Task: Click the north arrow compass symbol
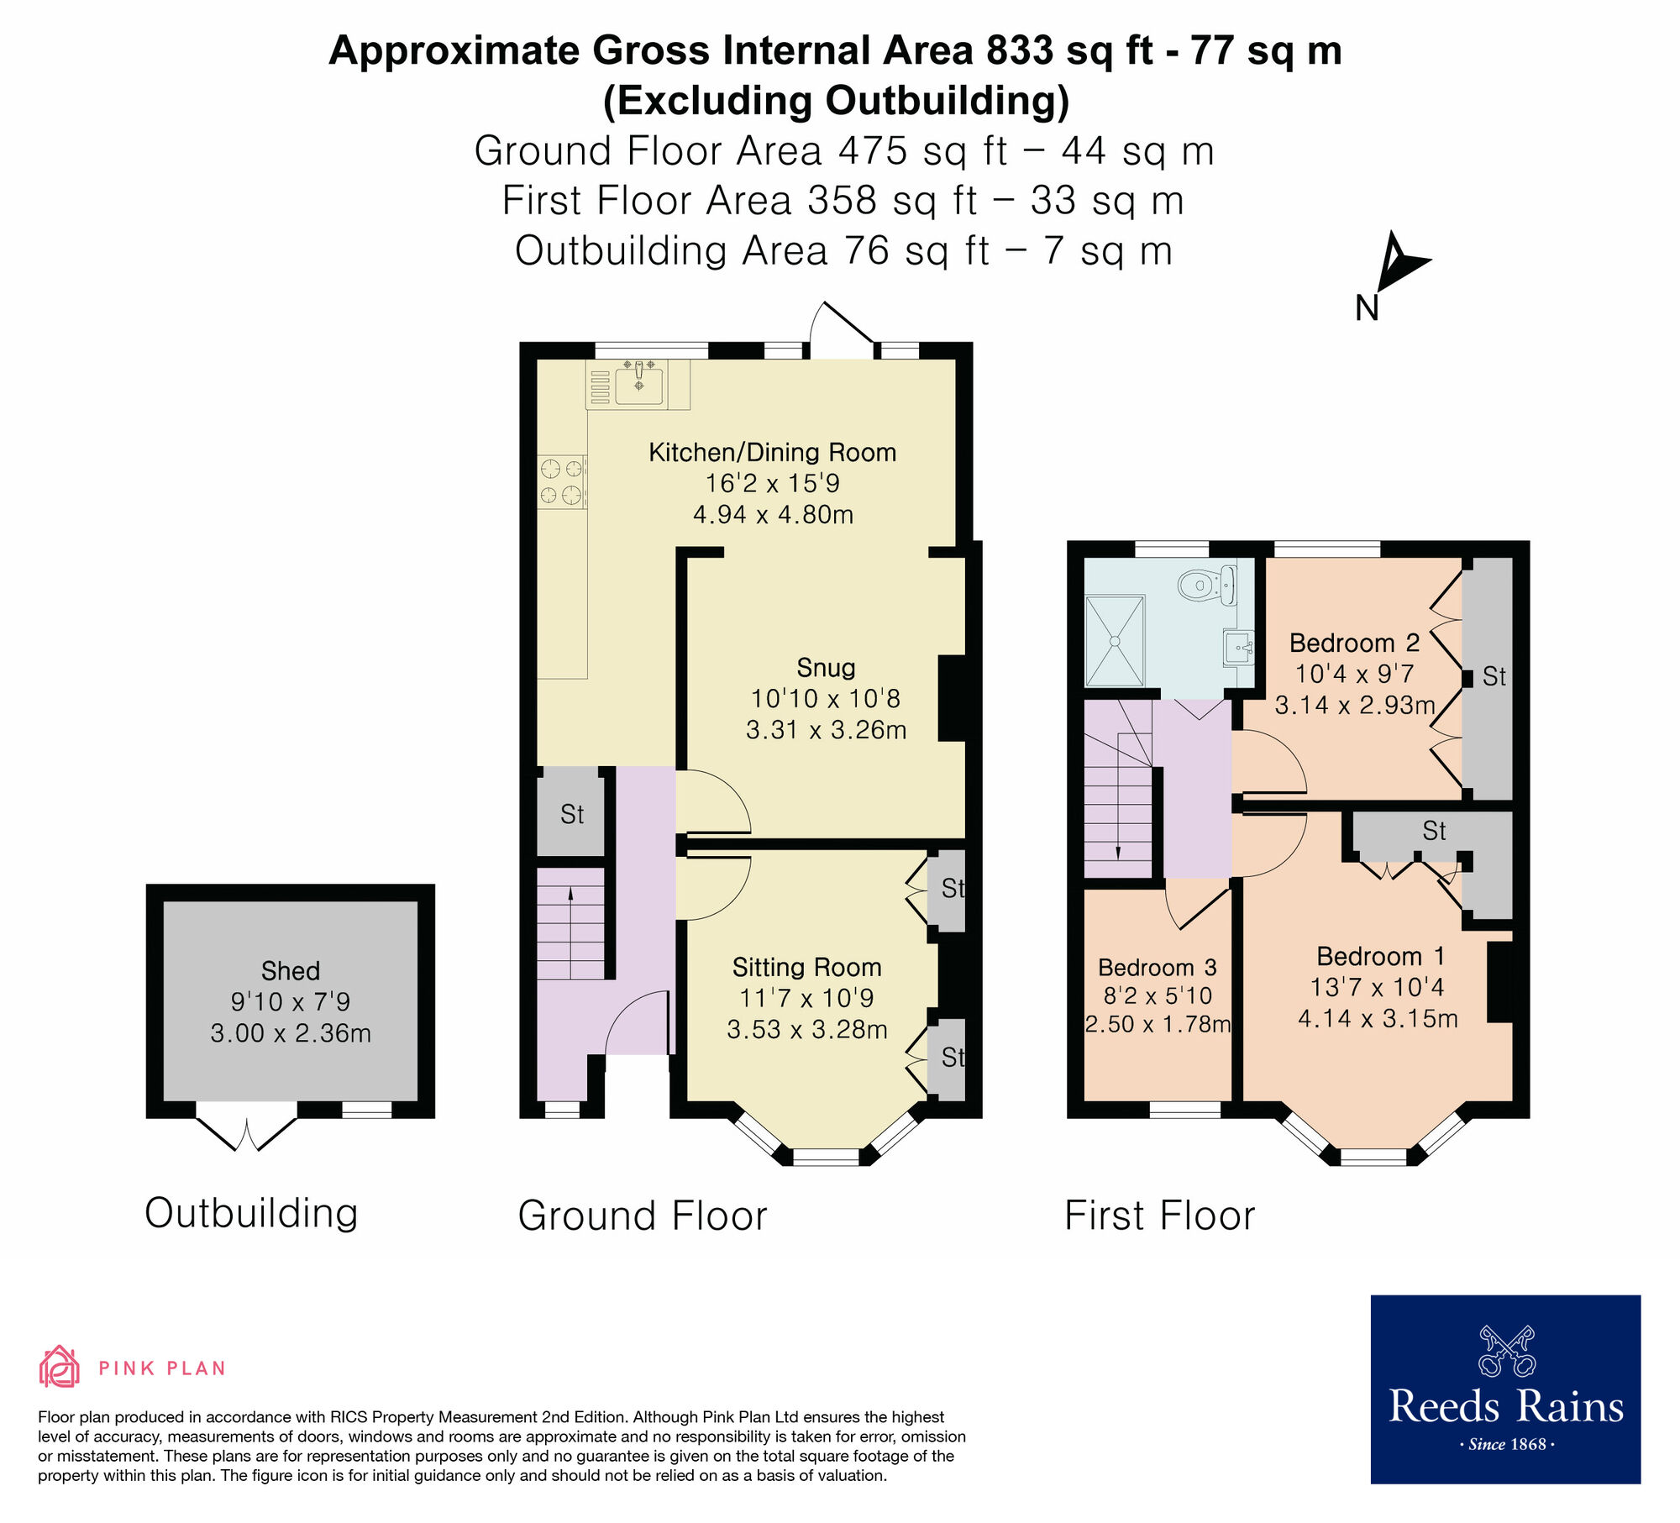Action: click(x=1399, y=265)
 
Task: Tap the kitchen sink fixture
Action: click(x=638, y=386)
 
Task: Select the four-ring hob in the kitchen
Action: click(x=561, y=481)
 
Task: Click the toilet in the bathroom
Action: click(x=1206, y=585)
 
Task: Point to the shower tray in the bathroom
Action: click(x=1115, y=641)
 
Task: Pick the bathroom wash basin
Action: click(x=1239, y=648)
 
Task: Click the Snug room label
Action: click(x=826, y=668)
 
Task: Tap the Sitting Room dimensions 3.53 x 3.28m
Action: click(x=806, y=1030)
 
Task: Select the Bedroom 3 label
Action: click(x=1157, y=968)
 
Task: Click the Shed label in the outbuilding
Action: click(x=291, y=971)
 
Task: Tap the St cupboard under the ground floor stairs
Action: click(x=571, y=814)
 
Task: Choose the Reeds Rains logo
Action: click(x=1505, y=1388)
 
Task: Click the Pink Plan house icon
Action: click(x=59, y=1367)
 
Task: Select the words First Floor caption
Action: click(x=1159, y=1216)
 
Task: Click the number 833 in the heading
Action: click(x=1020, y=51)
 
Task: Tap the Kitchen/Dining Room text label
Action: click(x=772, y=453)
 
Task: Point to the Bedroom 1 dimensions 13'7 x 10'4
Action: click(x=1377, y=987)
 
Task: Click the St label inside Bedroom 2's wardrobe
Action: click(x=1494, y=676)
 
